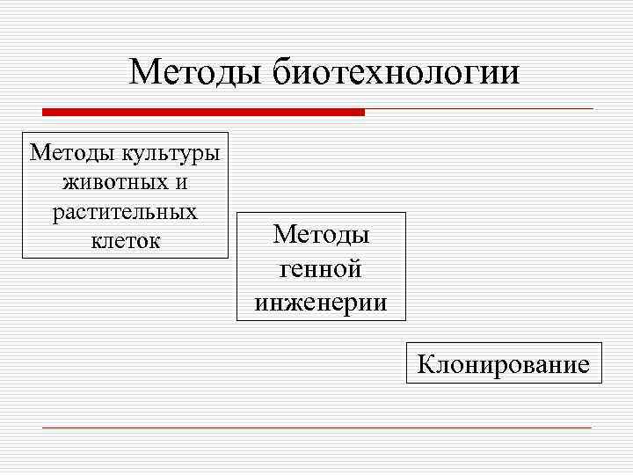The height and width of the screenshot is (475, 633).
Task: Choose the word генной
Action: pyautogui.click(x=321, y=269)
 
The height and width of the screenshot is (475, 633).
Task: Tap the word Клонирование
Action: pyautogui.click(x=504, y=363)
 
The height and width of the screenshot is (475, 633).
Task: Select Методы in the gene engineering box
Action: pyautogui.click(x=321, y=235)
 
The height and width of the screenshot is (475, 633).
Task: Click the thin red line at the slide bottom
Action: pyautogui.click(x=316, y=427)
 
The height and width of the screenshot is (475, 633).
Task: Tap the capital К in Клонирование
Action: pyautogui.click(x=426, y=363)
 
